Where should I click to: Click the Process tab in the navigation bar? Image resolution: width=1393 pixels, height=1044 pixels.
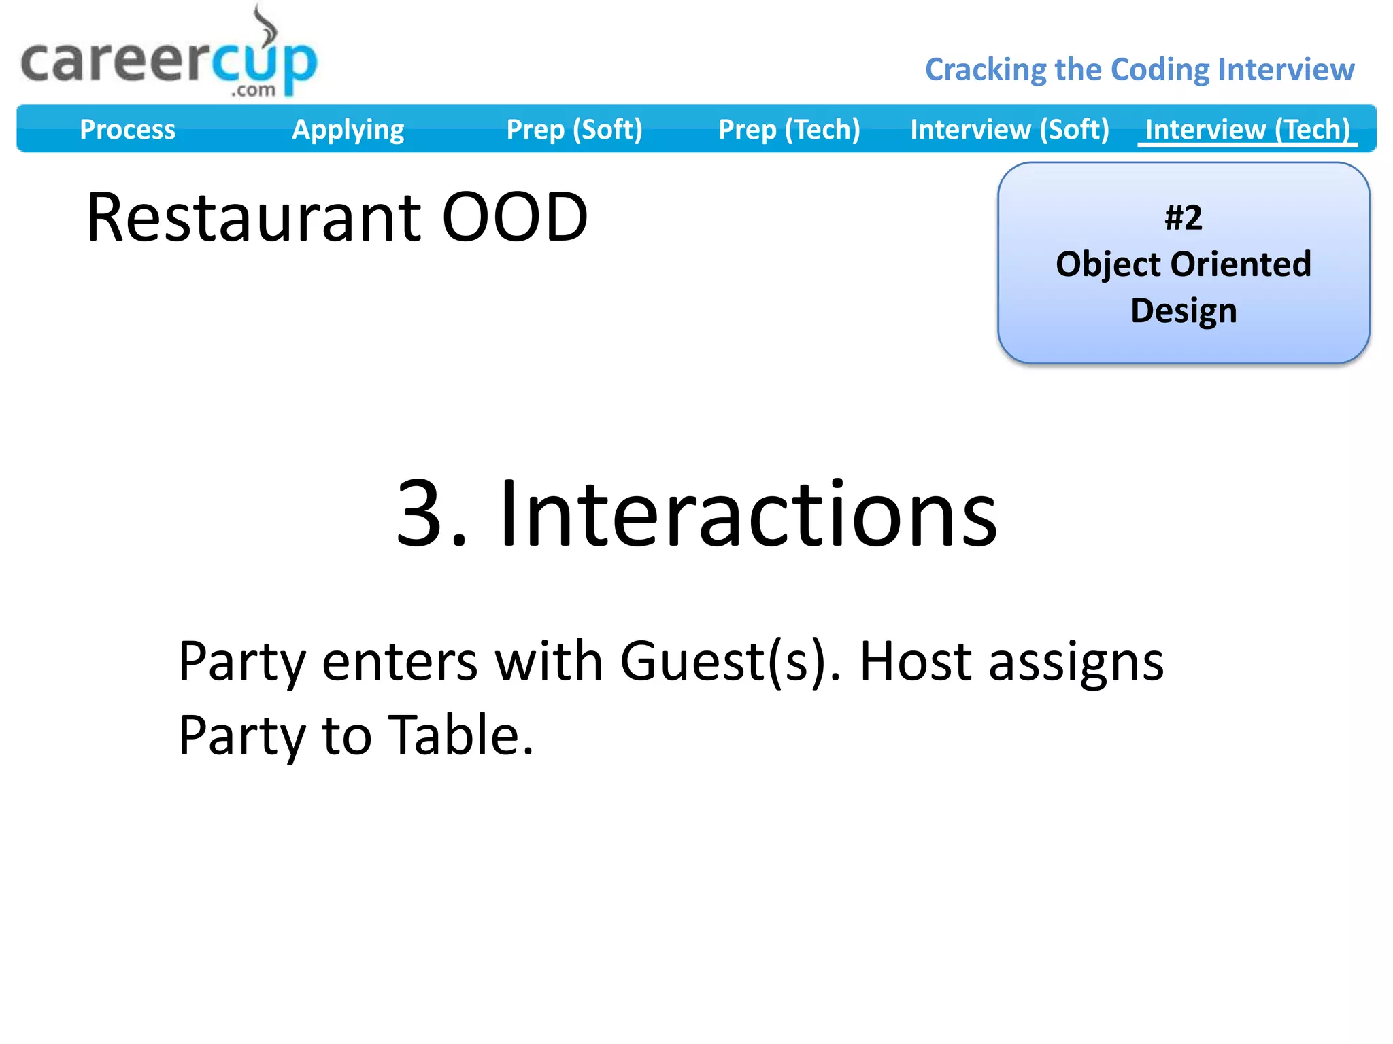point(127,129)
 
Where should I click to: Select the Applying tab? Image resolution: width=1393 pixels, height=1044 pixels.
point(348,129)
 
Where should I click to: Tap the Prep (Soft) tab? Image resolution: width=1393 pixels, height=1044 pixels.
point(574,129)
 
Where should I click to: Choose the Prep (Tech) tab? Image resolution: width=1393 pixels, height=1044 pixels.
point(789,129)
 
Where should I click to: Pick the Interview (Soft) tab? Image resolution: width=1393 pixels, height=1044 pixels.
point(1009,129)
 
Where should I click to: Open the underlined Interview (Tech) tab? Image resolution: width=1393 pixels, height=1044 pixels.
point(1247,129)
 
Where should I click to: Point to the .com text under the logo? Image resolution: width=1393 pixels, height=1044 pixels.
point(253,90)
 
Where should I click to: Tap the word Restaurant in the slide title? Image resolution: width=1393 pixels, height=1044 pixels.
point(254,217)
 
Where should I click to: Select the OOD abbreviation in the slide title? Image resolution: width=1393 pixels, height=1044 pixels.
point(515,217)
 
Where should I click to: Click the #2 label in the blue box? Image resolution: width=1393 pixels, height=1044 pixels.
point(1184,218)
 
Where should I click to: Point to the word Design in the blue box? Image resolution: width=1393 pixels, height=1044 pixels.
point(1184,311)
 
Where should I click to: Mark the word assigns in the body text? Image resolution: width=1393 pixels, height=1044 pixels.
point(1076,663)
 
